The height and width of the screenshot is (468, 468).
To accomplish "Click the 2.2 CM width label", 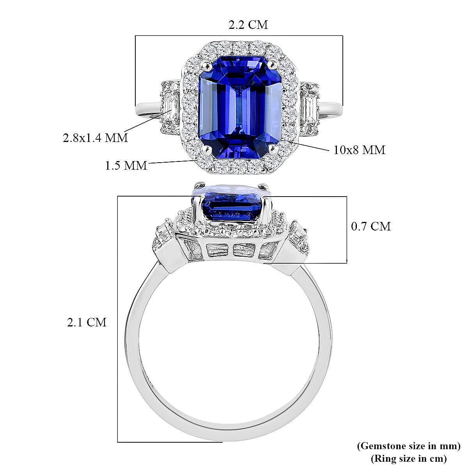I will coord(248,25).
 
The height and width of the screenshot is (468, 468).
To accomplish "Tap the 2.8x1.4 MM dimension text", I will coord(96,138).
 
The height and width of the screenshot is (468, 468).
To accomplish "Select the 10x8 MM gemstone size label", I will coord(359,150).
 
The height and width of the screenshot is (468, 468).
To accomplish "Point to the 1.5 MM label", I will coord(126,166).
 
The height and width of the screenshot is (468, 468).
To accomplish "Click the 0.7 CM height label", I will coord(371,226).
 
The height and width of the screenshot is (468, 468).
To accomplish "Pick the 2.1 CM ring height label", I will coord(87,322).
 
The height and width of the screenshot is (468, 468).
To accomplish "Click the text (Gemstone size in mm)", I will coord(409,446).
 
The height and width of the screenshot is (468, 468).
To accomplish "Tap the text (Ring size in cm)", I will coord(409,458).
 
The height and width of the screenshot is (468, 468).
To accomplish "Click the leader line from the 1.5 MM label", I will coord(172,162).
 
